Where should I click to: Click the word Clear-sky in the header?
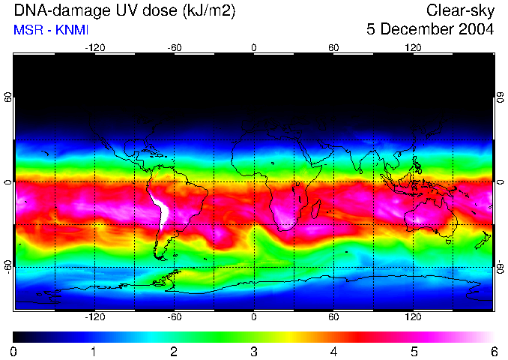point(460,10)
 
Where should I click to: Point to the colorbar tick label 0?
point(14,351)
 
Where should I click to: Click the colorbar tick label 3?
point(254,351)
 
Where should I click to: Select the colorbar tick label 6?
point(493,351)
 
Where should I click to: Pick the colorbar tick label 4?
point(333,351)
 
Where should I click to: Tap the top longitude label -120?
point(94,48)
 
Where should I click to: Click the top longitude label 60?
point(333,48)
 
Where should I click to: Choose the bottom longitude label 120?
point(413,317)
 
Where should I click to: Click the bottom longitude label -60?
point(175,317)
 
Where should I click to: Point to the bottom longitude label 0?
point(254,317)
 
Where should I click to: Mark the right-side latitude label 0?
point(500,182)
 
